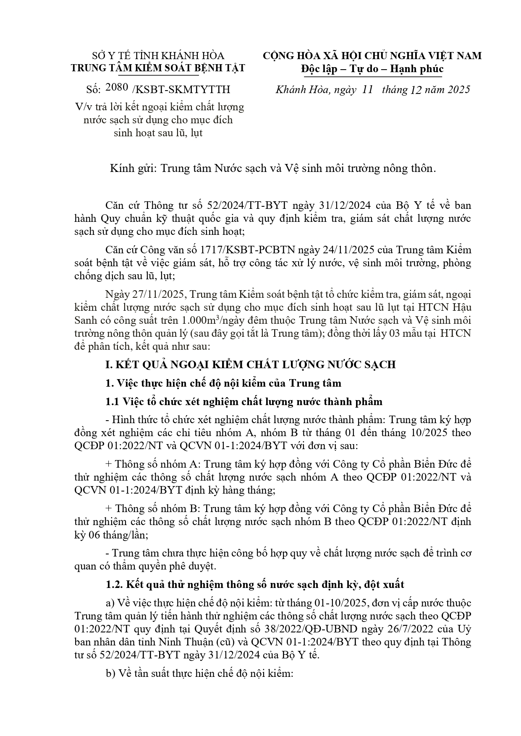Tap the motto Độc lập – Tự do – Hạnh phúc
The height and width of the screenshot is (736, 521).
pos(372,68)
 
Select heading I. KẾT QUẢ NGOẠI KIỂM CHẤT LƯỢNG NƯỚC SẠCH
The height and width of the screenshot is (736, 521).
pos(250,364)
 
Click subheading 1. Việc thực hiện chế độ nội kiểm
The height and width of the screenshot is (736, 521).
pos(223,383)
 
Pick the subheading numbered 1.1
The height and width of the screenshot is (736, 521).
pos(244,401)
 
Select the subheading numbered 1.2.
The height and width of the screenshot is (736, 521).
pos(255,584)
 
